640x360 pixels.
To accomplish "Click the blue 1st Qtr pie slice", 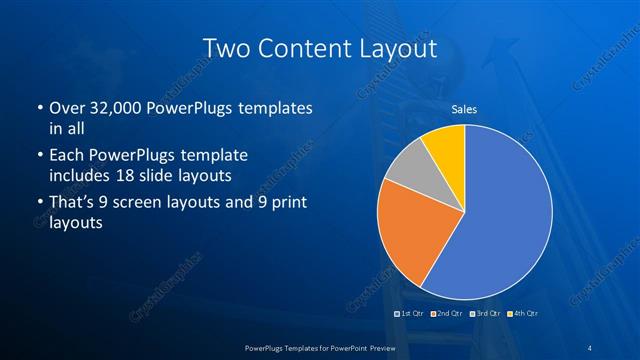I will [500, 220].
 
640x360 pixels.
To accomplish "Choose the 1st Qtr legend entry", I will [411, 313].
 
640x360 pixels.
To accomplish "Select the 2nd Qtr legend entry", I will [447, 313].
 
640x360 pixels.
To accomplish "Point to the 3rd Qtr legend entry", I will [486, 313].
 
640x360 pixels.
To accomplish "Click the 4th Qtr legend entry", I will [523, 313].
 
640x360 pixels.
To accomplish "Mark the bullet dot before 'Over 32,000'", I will [39, 108].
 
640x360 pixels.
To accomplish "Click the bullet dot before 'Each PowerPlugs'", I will [39, 156].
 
